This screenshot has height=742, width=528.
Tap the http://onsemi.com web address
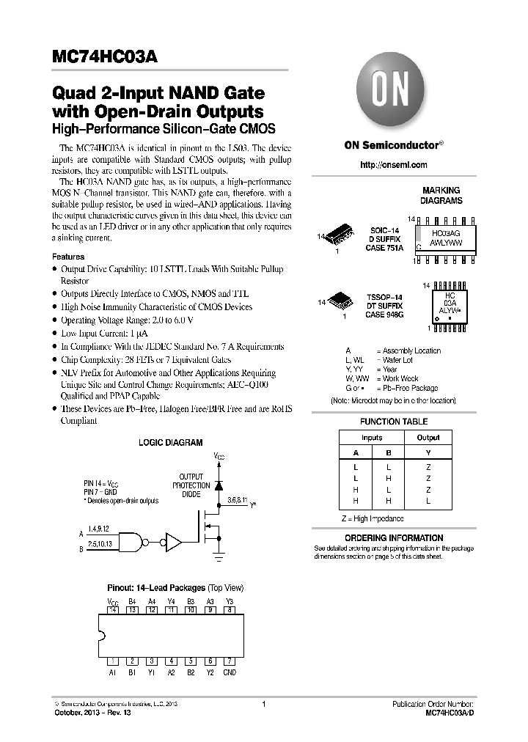coord(393,165)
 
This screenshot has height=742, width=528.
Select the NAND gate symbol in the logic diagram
coord(131,542)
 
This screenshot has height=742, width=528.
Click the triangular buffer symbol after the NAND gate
coord(173,542)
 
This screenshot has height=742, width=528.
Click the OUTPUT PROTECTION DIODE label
coord(191,485)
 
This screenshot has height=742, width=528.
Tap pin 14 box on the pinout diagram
coord(113,609)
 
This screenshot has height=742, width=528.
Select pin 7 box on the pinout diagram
coord(230,660)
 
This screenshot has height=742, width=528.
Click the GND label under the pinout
coord(230,672)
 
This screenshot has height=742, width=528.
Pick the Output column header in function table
coord(428,438)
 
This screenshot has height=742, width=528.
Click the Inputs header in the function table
coord(372,438)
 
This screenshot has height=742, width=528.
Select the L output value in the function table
coord(428,501)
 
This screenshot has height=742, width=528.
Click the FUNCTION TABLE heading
coord(394,422)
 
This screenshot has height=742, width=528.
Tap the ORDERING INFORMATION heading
coord(394,537)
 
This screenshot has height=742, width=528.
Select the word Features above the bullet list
coord(67,257)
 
